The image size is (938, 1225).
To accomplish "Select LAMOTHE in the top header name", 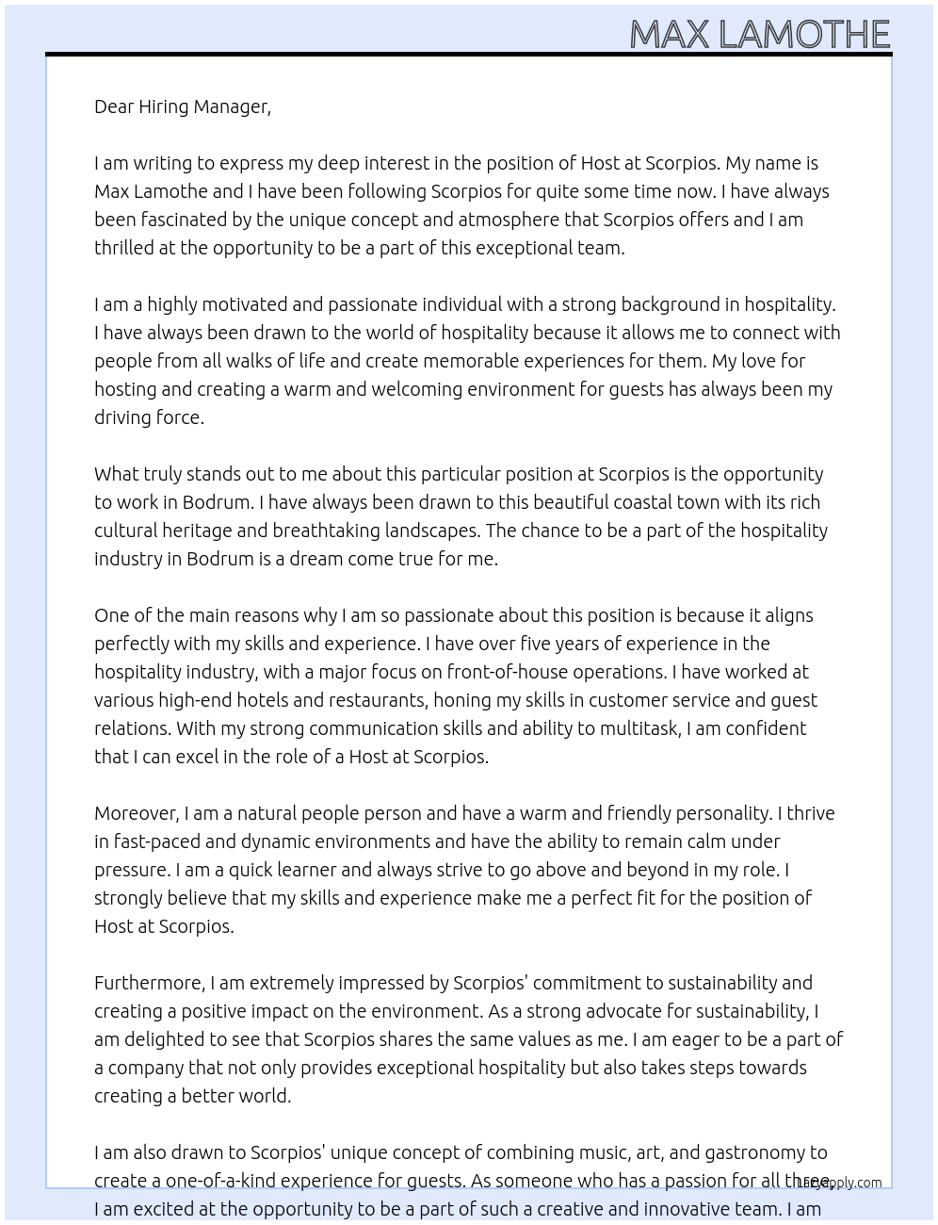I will (803, 36).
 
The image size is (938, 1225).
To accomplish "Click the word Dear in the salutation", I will (114, 106).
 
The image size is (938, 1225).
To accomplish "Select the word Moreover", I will (137, 813).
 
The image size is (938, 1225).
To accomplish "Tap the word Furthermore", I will (149, 983).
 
